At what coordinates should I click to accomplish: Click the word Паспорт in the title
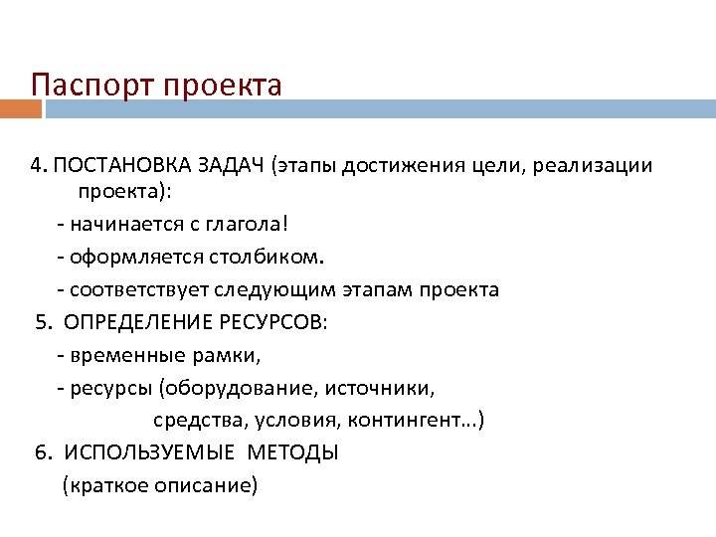coord(80,85)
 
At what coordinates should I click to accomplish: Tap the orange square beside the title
coord(14,107)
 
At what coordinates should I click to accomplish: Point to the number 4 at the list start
coord(36,165)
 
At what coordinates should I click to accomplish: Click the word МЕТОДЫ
coord(293,452)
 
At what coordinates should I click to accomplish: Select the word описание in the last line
coord(208,485)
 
